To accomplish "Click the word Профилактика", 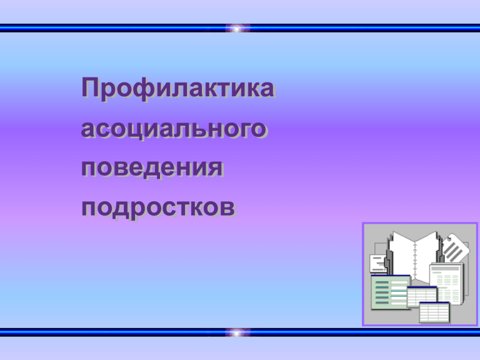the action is [x=177, y=89].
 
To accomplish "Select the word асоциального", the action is [x=173, y=129].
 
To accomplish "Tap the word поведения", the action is [x=151, y=168].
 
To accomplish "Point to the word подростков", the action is [x=158, y=208].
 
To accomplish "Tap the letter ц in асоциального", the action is [x=131, y=130].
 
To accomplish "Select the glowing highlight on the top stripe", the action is [x=237, y=29].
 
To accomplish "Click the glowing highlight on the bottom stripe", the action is [x=237, y=332].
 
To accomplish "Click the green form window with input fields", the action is [x=391, y=292].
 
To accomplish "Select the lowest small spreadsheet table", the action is [x=434, y=312].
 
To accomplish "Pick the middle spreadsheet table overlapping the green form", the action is [x=422, y=296].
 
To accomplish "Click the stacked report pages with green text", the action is [x=447, y=283].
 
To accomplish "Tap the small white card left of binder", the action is [x=378, y=264].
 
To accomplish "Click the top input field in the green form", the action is [x=399, y=282].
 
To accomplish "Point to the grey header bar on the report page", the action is [x=446, y=269].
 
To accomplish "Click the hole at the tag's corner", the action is [x=449, y=238].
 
